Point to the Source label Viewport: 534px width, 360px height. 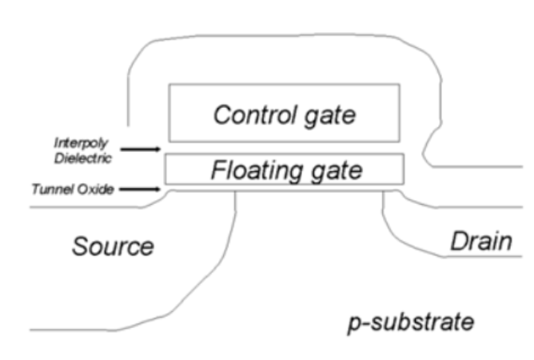pyautogui.click(x=112, y=246)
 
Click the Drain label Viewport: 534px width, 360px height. pyautogui.click(x=480, y=240)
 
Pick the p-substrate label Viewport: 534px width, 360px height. pyautogui.click(x=412, y=322)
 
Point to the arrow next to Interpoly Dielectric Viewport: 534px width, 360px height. pyautogui.click(x=142, y=148)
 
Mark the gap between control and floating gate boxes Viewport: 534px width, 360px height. pyautogui.click(x=284, y=148)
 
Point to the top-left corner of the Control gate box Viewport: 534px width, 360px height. pyautogui.click(x=168, y=84)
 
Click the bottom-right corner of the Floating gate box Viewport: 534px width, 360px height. pyautogui.click(x=403, y=184)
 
